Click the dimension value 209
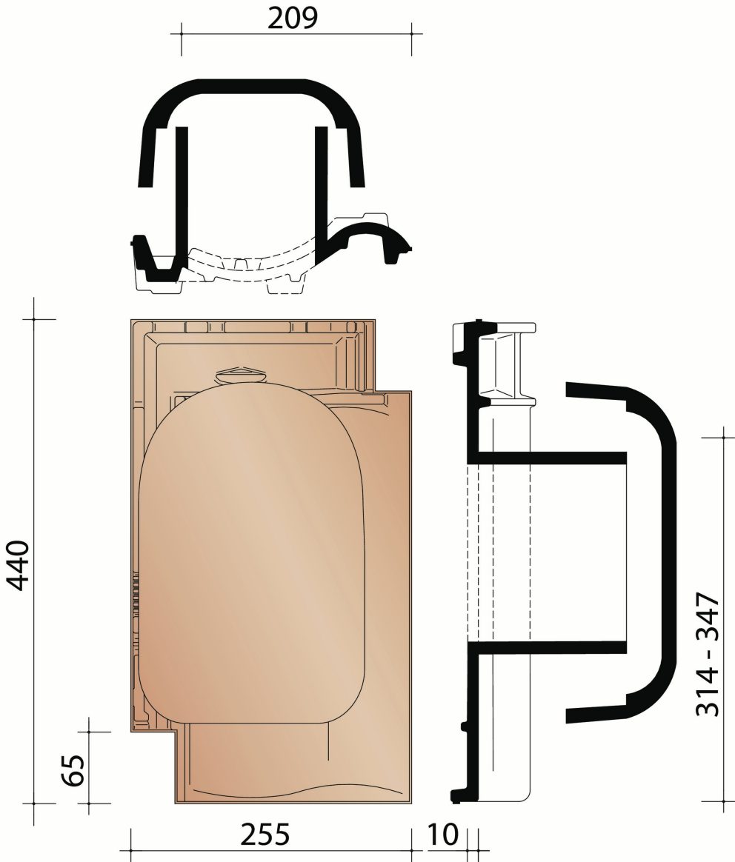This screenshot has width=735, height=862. click(292, 19)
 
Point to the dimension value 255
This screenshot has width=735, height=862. click(265, 835)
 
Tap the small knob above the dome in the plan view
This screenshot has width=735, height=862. click(240, 374)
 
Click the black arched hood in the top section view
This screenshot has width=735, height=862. click(252, 93)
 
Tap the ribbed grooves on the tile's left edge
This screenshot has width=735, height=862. click(136, 592)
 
